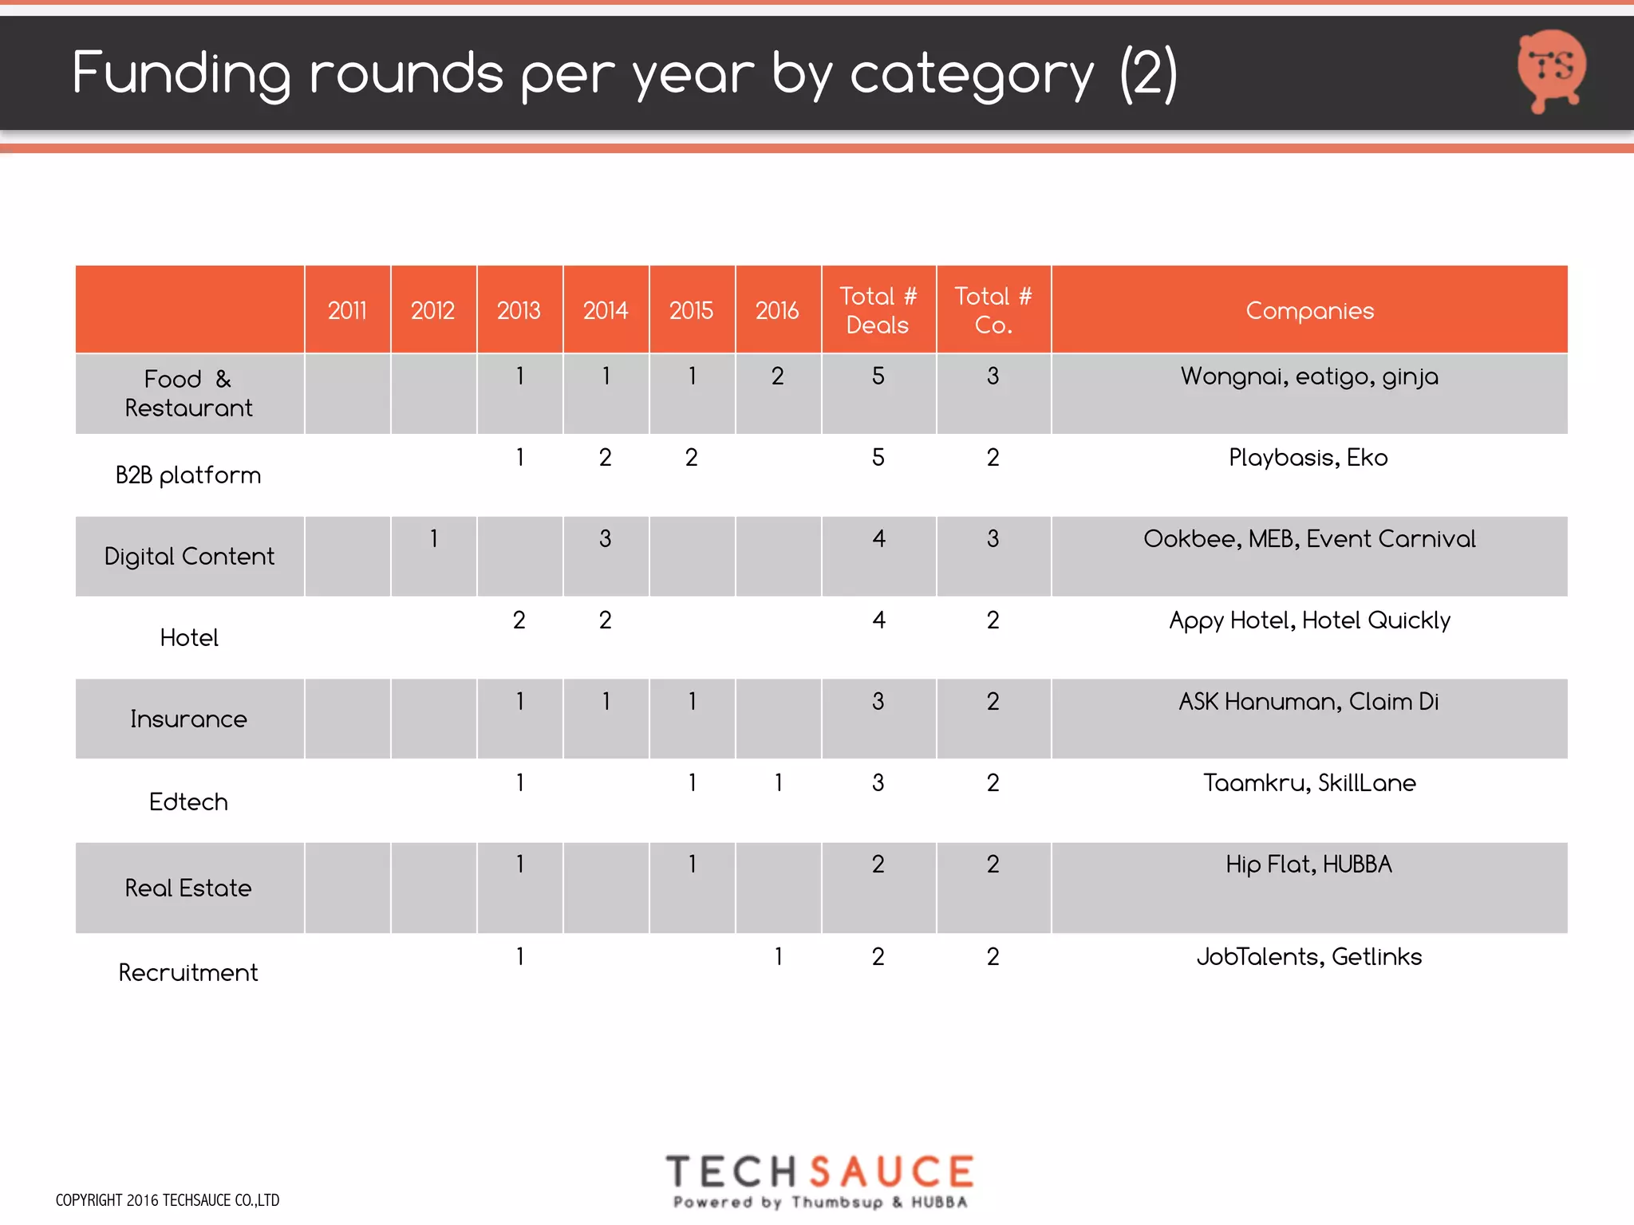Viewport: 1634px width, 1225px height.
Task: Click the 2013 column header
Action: (x=519, y=310)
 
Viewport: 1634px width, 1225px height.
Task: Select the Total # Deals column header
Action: (x=878, y=310)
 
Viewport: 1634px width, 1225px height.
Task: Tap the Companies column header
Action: (x=1309, y=310)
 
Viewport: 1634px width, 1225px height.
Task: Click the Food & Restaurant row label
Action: (x=188, y=393)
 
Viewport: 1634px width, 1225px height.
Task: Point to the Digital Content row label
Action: (x=189, y=556)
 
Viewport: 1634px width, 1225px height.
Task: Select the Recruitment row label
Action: (x=188, y=972)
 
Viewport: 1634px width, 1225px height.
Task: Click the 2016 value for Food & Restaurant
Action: (x=777, y=376)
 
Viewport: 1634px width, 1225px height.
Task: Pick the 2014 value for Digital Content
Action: (x=605, y=539)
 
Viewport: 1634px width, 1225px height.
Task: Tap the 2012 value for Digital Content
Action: (x=433, y=539)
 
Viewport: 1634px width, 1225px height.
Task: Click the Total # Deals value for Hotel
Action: (x=878, y=620)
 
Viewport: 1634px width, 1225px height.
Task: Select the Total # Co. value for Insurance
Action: (x=993, y=702)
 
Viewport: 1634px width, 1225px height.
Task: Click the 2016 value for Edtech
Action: (x=778, y=783)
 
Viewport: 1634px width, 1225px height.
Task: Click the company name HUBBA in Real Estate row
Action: (x=1357, y=865)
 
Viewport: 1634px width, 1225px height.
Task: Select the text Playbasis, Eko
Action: (x=1308, y=458)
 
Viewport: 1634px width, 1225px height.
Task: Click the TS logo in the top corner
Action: (x=1551, y=70)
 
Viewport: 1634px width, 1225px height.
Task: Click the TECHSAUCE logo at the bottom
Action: (x=820, y=1180)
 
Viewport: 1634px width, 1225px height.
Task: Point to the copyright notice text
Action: (x=168, y=1200)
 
